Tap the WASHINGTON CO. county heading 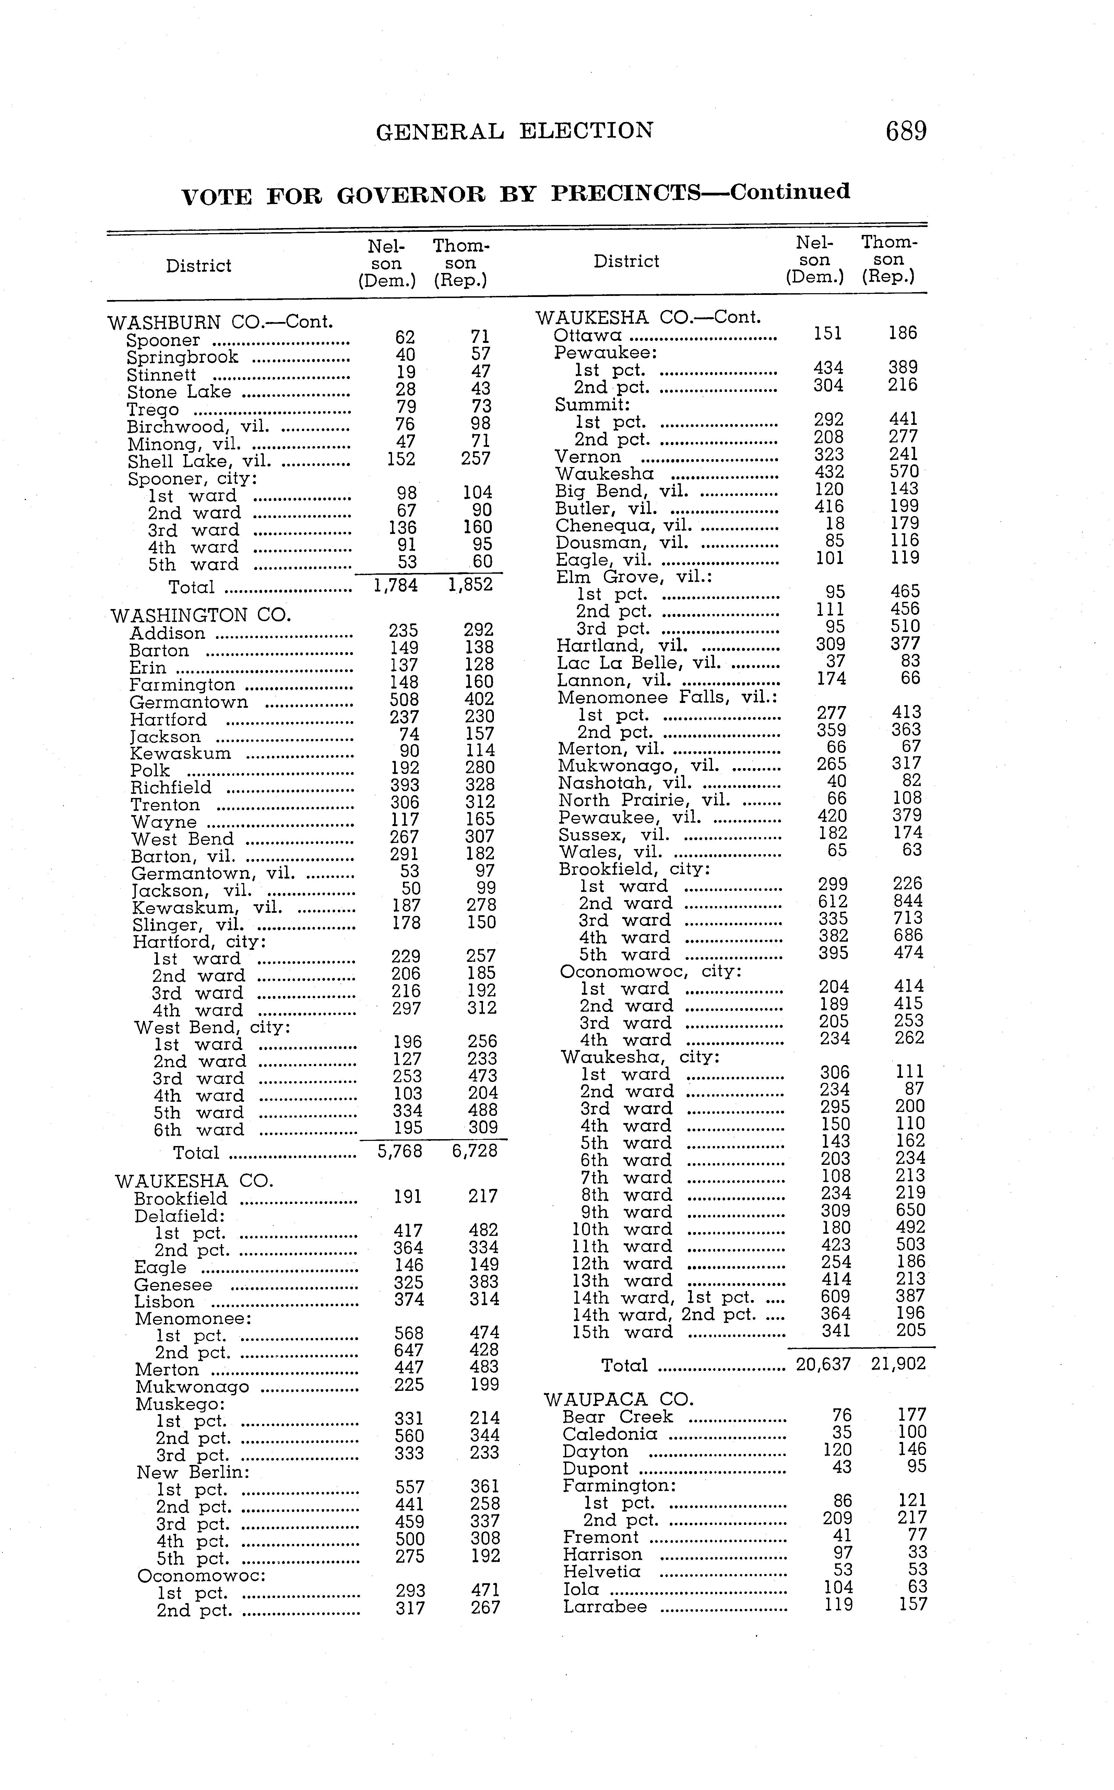(x=200, y=615)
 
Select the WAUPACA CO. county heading (x=619, y=1399)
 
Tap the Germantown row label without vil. (x=189, y=702)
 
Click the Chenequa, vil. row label (x=623, y=525)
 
